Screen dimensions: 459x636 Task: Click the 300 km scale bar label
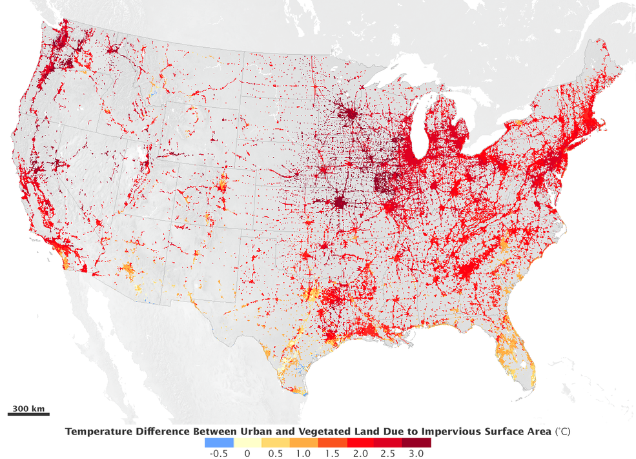[x=27, y=409]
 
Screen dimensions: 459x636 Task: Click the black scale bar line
[x=28, y=414]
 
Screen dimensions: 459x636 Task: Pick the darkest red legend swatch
[x=416, y=442]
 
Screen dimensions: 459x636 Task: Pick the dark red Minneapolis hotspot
[x=351, y=115]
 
